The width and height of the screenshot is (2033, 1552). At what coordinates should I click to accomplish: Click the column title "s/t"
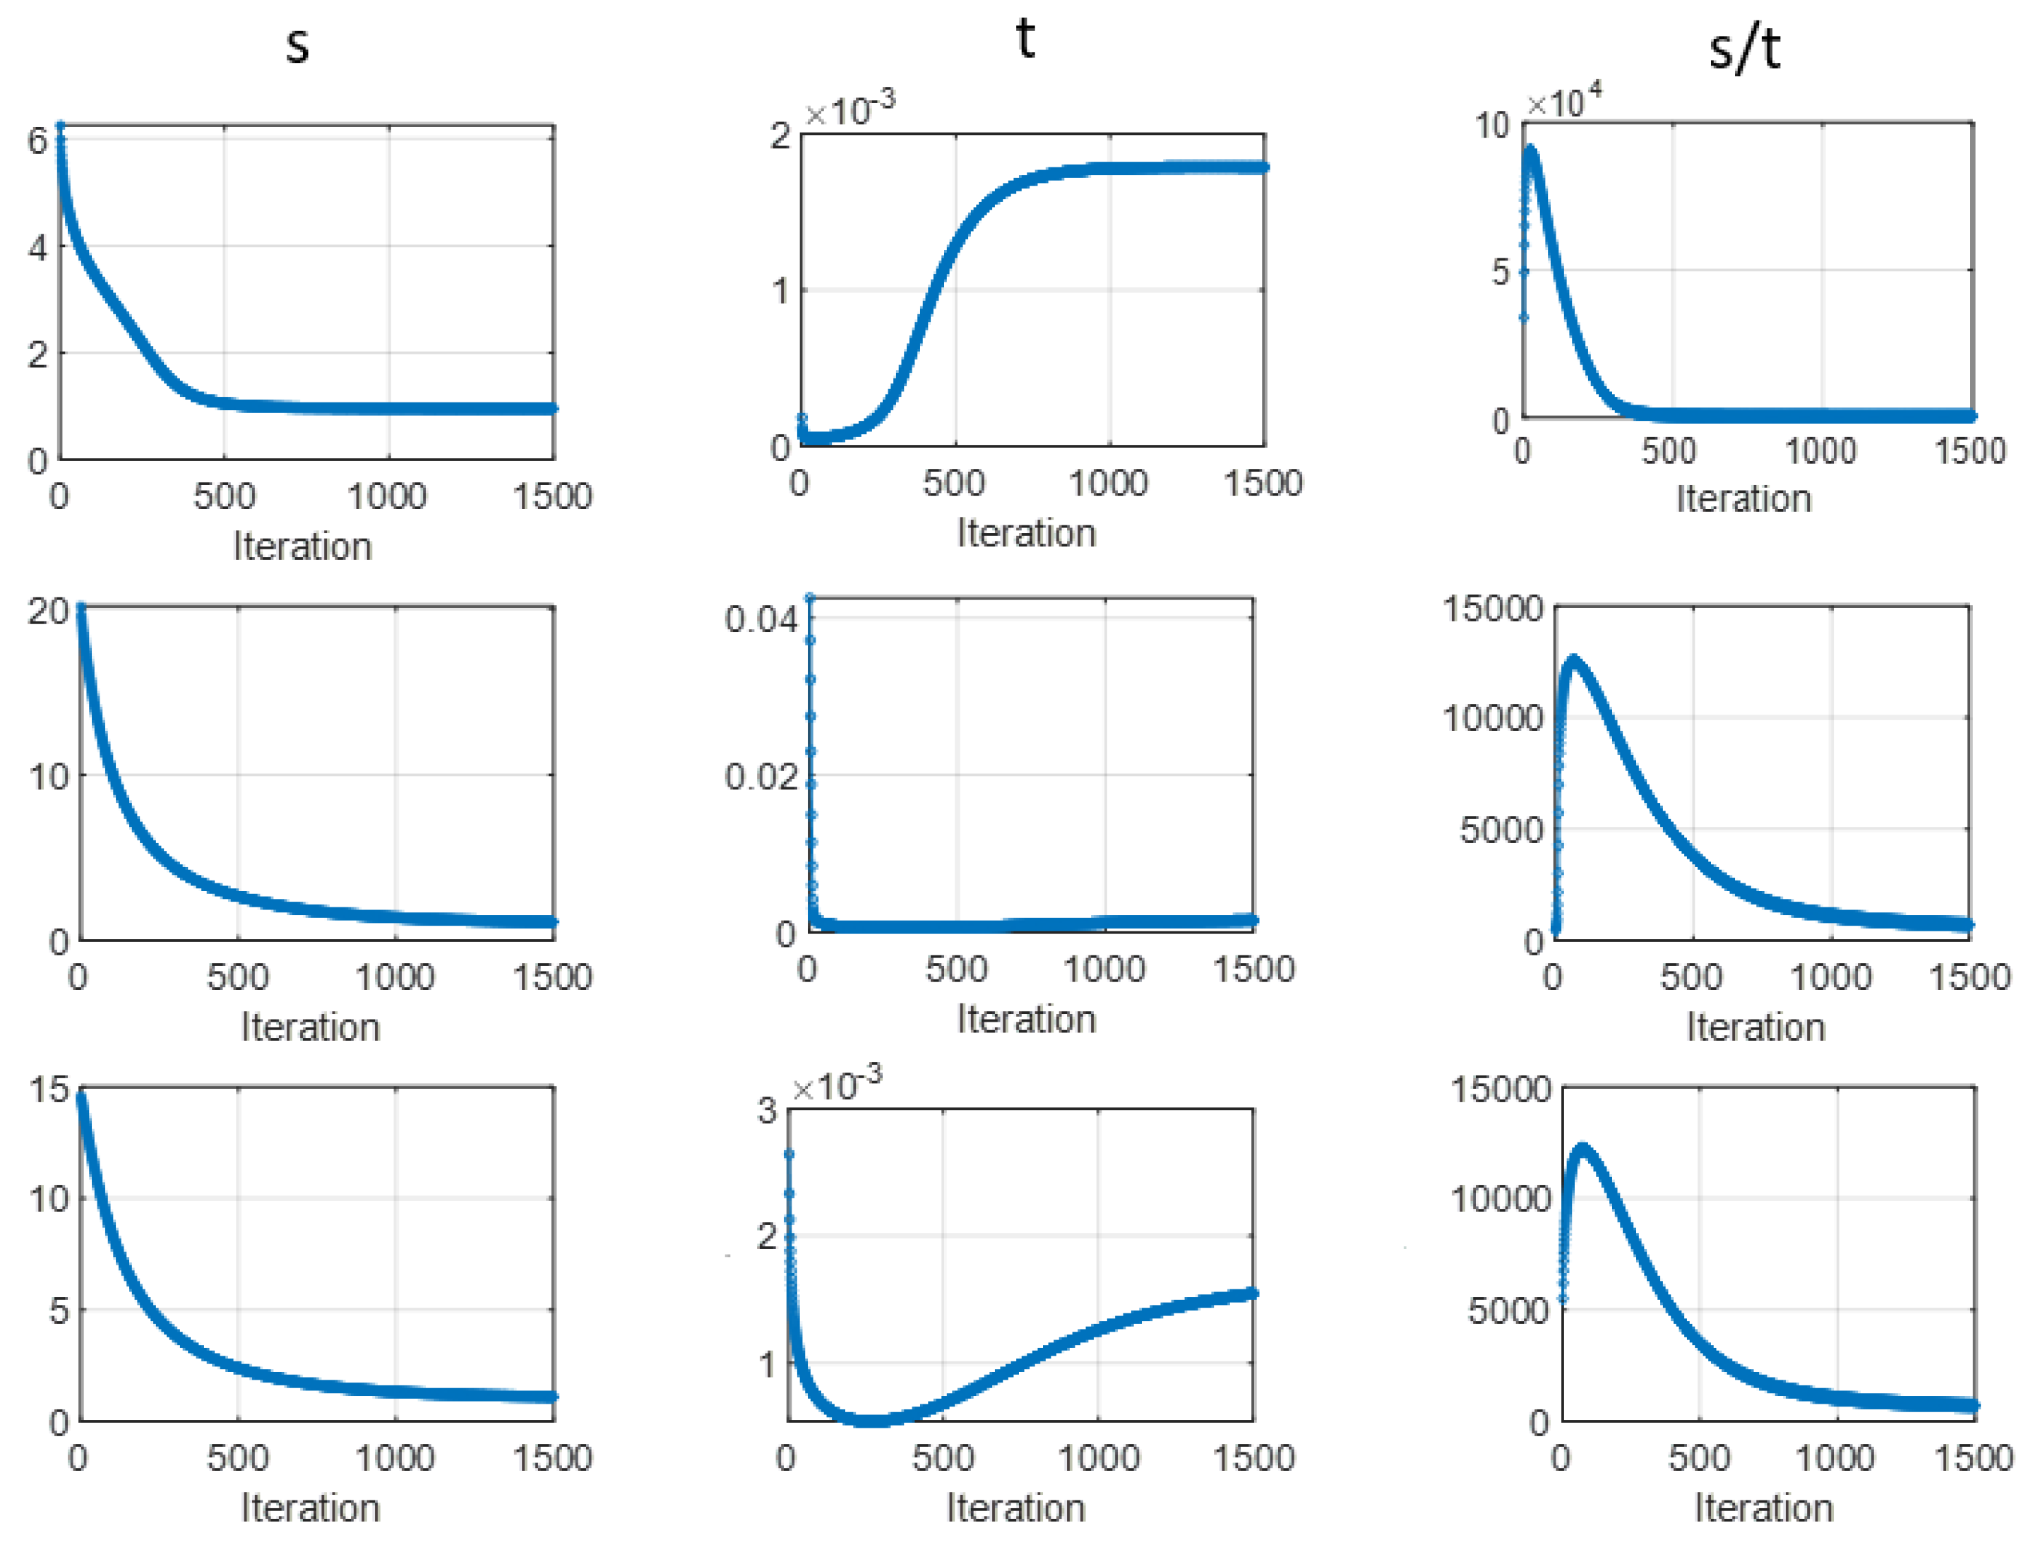coord(1744,49)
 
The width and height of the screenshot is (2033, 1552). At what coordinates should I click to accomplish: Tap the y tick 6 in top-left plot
coord(37,141)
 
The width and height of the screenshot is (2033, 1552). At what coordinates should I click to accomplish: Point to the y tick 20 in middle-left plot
coord(48,611)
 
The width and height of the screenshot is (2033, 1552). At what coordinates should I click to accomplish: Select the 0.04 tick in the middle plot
coord(761,619)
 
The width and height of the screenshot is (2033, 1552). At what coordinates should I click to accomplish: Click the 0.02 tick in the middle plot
coord(761,776)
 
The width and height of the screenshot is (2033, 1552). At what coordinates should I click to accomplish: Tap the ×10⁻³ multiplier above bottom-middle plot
coord(837,1084)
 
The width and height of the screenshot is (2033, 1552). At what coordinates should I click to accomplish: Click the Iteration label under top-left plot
coord(302,546)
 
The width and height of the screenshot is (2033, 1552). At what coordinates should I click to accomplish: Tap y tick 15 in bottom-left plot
coord(49,1090)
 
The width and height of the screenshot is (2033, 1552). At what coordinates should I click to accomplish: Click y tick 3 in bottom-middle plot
coord(767,1109)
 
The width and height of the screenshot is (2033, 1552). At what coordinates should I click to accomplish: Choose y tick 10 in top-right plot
coord(1491,125)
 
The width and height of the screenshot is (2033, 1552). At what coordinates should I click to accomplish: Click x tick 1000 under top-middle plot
coord(1107,482)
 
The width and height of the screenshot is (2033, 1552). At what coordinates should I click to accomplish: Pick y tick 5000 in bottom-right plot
coord(1508,1309)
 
